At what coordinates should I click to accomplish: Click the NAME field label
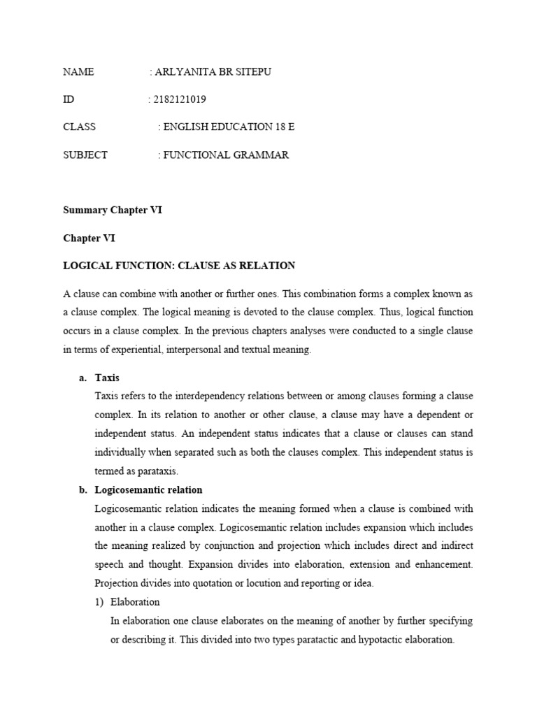coord(78,72)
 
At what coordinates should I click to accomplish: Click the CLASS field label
coord(80,127)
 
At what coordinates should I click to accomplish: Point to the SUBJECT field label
coord(85,155)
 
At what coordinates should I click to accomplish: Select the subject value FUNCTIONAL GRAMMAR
coord(226,155)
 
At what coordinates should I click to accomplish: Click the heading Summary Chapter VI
coord(113,210)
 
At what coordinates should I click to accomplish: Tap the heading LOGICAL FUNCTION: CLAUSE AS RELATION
coord(179,266)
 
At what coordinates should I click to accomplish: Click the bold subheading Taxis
coord(107,378)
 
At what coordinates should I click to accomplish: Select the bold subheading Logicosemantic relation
coord(148,489)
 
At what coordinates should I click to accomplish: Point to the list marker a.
coord(83,378)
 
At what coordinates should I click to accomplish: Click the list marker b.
coord(83,489)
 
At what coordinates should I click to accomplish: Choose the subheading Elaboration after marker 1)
coord(136,601)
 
